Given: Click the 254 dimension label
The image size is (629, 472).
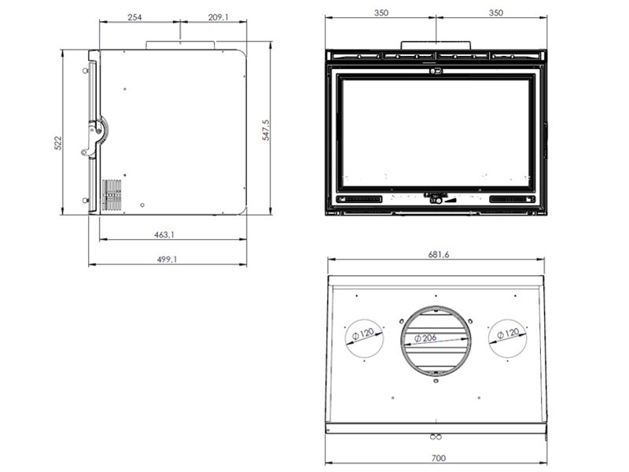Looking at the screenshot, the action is pyautogui.click(x=134, y=17).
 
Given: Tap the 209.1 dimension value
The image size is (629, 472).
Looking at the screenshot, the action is pyautogui.click(x=219, y=17).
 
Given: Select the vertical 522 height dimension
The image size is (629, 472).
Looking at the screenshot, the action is pyautogui.click(x=58, y=143).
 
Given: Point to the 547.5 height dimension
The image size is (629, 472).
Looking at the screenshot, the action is pyautogui.click(x=266, y=130).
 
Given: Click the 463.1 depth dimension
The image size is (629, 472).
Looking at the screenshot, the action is pyautogui.click(x=164, y=234).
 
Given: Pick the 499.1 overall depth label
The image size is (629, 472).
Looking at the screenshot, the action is pyautogui.click(x=167, y=260).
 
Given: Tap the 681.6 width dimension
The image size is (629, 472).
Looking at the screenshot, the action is pyautogui.click(x=439, y=254).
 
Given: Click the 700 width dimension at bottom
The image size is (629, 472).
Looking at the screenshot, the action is pyautogui.click(x=439, y=458).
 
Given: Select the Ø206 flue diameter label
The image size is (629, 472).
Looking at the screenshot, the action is pyautogui.click(x=425, y=338).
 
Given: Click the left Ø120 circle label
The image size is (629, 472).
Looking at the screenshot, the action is pyautogui.click(x=363, y=334).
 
